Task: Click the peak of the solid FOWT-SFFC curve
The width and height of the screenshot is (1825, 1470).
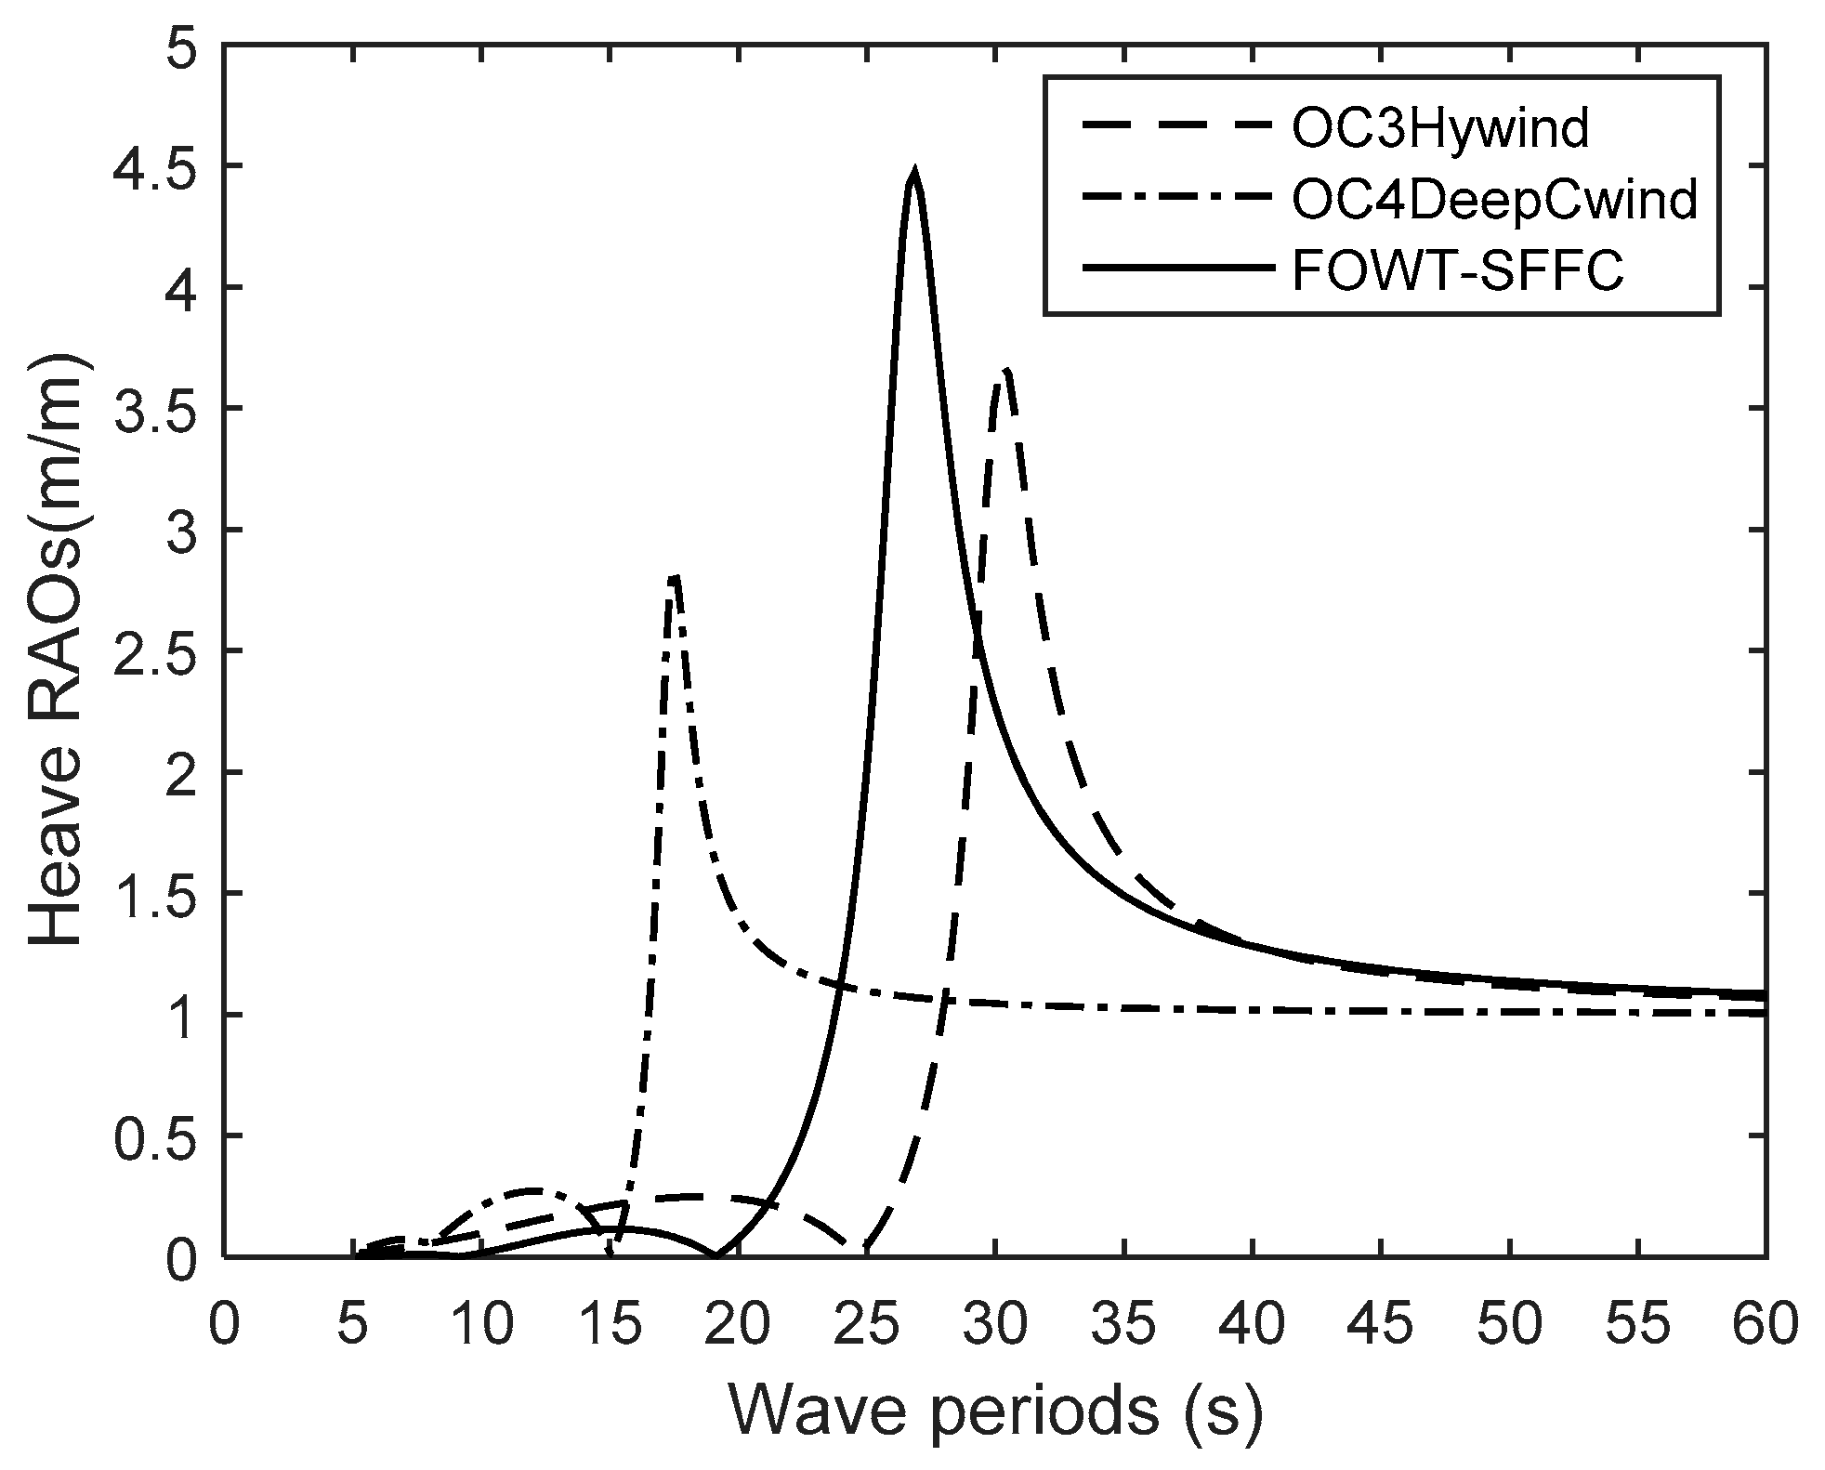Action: pos(914,174)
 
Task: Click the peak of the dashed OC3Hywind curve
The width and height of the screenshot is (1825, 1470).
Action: pos(1005,370)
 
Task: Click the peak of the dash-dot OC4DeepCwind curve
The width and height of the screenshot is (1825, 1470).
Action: pos(675,576)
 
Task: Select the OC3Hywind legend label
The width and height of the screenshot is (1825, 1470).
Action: pos(1439,130)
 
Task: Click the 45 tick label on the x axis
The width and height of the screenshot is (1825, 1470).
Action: pos(1381,1325)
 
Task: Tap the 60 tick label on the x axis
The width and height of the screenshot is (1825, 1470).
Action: pos(1765,1325)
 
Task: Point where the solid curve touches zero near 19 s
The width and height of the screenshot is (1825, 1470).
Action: pos(717,1254)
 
